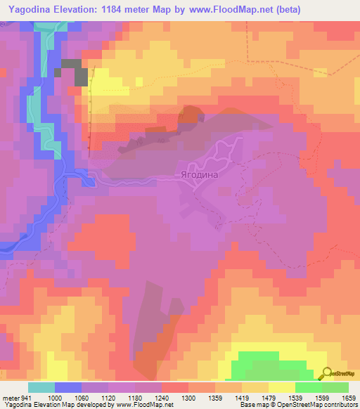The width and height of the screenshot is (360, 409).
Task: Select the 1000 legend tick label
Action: pos(56,397)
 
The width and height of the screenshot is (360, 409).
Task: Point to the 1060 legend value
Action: pos(82,397)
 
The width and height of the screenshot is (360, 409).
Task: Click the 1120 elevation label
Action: pos(109,397)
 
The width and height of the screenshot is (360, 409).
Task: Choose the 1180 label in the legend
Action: pos(136,397)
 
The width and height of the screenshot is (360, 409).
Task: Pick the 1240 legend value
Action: pos(162,397)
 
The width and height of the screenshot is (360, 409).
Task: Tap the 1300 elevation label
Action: pos(189,397)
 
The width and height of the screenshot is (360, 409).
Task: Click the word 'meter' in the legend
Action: pos(10,397)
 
